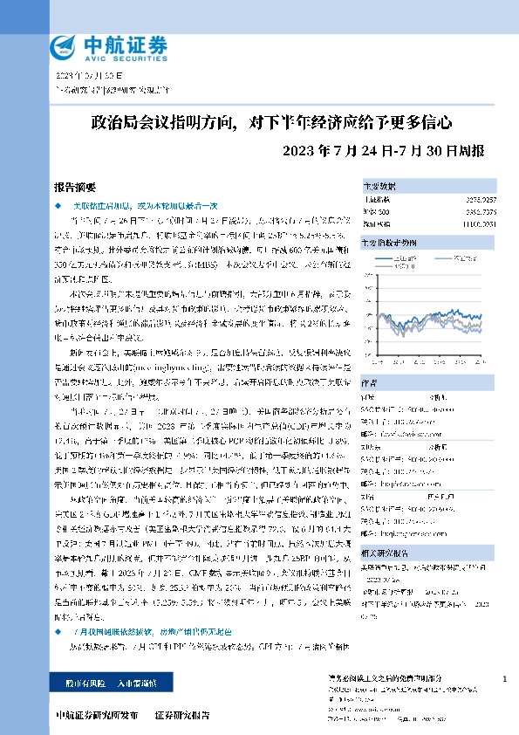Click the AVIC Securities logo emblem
pyautogui.click(x=64, y=45)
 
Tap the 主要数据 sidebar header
pyautogui.click(x=379, y=187)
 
